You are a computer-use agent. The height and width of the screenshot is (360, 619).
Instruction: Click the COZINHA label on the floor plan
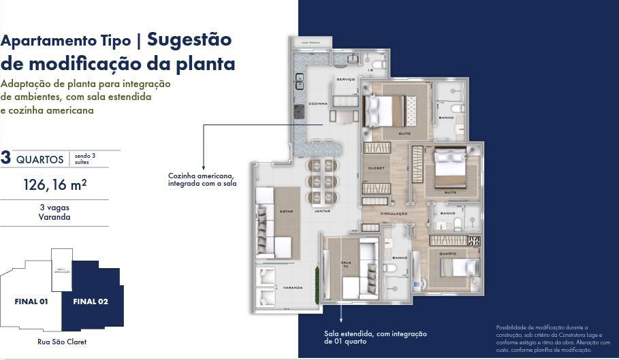[318, 104]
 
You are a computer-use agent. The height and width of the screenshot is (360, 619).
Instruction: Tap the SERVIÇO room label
[346, 80]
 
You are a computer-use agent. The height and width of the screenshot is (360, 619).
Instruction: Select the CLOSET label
[376, 168]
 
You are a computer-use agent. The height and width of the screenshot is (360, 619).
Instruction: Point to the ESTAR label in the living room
[286, 212]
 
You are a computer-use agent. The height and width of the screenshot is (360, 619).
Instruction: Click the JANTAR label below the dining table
[322, 212]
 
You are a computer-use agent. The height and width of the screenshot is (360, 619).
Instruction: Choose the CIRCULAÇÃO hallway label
[394, 214]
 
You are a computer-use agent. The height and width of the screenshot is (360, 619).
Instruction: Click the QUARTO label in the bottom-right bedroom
[447, 254]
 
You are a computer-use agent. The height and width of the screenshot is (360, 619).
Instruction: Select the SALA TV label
[345, 264]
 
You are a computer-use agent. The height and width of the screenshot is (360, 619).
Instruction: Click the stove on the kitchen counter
[298, 111]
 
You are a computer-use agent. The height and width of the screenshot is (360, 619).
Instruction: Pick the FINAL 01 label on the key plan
[31, 301]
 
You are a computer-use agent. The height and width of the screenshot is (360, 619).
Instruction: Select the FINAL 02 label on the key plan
[90, 301]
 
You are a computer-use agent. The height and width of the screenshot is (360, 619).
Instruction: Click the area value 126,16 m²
[54, 184]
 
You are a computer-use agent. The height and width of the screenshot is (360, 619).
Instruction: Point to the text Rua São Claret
[62, 342]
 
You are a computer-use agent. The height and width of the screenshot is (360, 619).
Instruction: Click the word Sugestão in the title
[189, 39]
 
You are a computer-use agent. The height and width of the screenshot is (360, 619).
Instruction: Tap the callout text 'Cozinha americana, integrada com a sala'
[202, 180]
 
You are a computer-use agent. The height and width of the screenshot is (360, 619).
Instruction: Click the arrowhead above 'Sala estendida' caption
[341, 318]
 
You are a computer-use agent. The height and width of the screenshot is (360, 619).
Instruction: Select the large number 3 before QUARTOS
[6, 159]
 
